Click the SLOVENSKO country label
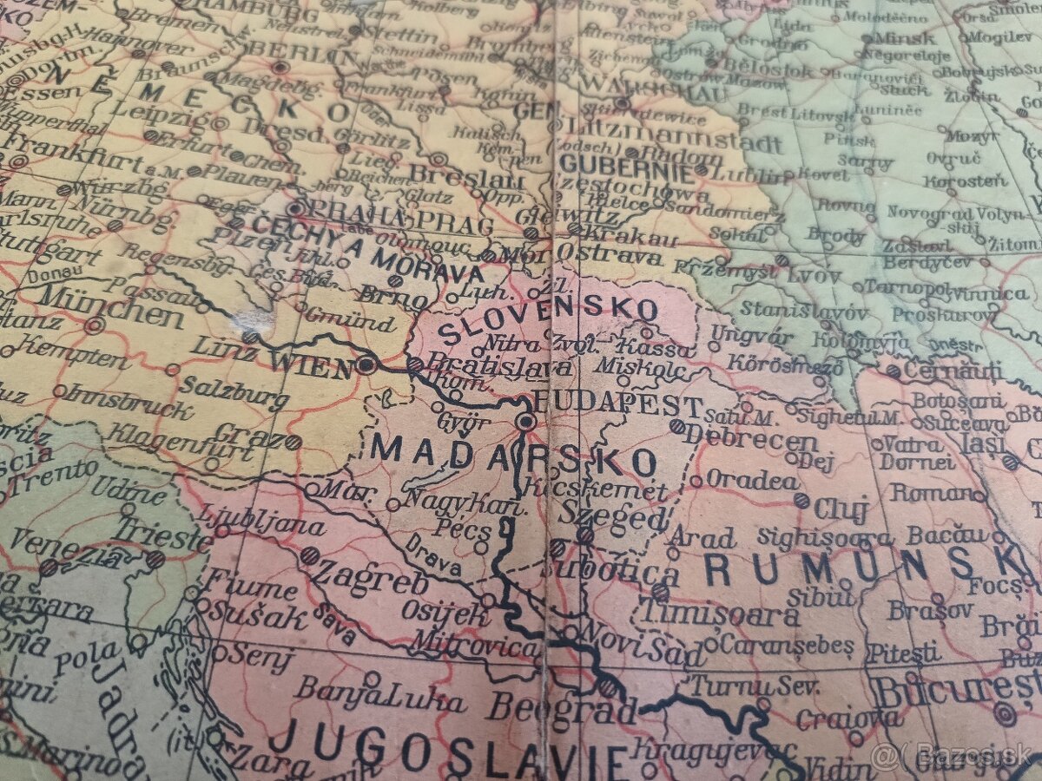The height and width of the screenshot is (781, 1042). (547, 321)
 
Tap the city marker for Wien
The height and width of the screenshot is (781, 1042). (366, 364)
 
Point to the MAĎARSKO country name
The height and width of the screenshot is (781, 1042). (512, 454)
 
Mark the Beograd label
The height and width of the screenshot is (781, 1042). (561, 707)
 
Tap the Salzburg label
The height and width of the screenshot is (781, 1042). (233, 390)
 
